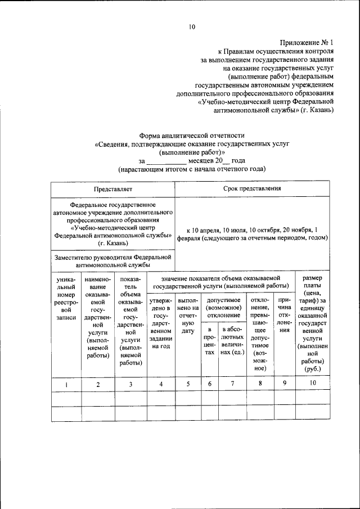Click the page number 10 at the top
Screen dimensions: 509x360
point(192,26)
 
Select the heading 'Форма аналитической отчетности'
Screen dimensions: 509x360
point(192,135)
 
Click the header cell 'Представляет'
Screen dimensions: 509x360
point(113,190)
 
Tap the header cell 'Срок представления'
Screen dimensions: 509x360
point(252,190)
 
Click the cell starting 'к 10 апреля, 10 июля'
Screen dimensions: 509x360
point(252,235)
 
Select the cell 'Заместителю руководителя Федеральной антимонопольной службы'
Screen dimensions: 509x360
point(113,260)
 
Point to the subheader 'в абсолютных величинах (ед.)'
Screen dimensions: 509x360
point(232,343)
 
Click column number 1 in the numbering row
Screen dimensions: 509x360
point(66,384)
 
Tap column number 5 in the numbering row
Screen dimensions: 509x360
point(188,384)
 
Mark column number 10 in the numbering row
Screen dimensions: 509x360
point(313,384)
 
